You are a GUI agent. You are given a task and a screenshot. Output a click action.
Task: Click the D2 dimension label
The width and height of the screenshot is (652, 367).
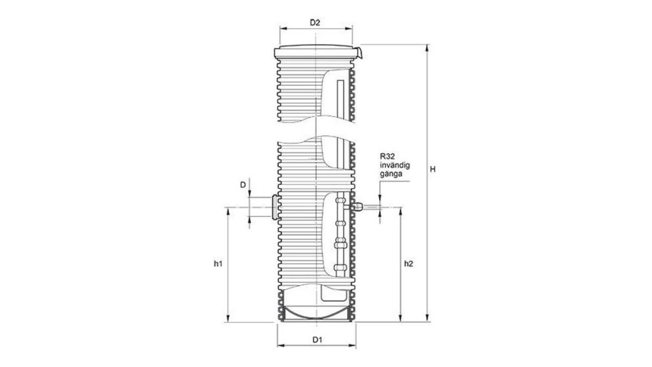(x=315, y=23)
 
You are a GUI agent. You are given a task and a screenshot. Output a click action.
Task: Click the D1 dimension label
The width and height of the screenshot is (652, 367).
(x=316, y=340)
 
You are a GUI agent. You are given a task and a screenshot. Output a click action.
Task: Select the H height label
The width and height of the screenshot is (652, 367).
(x=432, y=170)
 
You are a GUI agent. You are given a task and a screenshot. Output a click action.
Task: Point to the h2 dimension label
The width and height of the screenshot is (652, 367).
(x=408, y=264)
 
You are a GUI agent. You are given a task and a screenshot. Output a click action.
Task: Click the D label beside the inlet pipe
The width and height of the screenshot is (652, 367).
(x=243, y=185)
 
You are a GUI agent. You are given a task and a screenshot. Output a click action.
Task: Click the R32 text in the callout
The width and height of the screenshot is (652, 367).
(x=386, y=157)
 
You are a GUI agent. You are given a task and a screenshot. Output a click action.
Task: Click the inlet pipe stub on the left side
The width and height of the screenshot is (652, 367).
(x=271, y=207)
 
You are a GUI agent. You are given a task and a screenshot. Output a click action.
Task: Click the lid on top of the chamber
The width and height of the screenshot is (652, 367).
(x=316, y=51)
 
